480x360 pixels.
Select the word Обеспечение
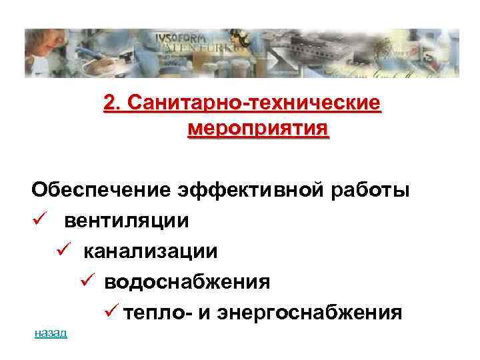pyautogui.click(x=101, y=190)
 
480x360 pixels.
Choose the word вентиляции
pyautogui.click(x=127, y=221)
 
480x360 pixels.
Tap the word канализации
pyautogui.click(x=150, y=251)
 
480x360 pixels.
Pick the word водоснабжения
pyautogui.click(x=187, y=282)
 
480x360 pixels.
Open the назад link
pyautogui.click(x=51, y=333)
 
